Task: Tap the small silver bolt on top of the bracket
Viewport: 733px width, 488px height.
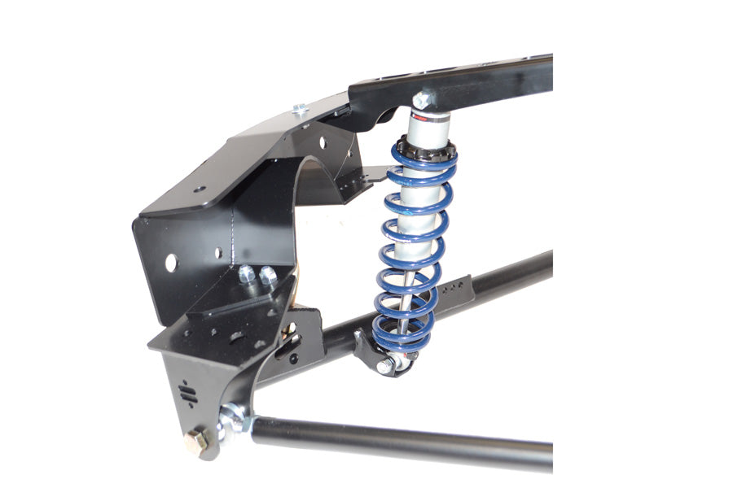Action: (x=299, y=108)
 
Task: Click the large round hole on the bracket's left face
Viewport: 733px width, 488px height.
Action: (x=171, y=263)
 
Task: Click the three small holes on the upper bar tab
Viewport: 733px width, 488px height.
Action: (x=457, y=287)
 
